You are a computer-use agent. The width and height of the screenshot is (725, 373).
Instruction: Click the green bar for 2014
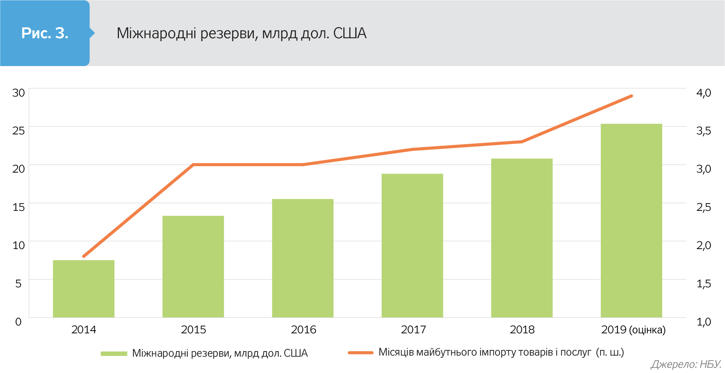coord(84,289)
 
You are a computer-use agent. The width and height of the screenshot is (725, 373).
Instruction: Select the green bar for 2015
coord(193,266)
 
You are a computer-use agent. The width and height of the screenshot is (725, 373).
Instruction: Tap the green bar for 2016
coord(303,258)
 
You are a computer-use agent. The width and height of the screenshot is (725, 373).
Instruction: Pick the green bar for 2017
coord(412,245)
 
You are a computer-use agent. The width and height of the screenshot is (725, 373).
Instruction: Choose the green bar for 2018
coord(522,238)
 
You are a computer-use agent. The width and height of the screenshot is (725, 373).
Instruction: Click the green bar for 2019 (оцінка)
coord(631,220)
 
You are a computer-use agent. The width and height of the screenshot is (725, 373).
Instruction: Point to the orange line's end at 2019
coord(631,96)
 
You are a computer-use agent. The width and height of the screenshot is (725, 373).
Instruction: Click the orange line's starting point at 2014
coord(84,256)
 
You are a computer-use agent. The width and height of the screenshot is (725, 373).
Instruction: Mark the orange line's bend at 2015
coord(193,164)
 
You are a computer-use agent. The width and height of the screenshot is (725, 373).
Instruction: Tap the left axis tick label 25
coord(19,131)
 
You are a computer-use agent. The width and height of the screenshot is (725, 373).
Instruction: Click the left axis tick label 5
coord(19,284)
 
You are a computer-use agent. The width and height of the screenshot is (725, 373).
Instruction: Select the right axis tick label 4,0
coord(703,92)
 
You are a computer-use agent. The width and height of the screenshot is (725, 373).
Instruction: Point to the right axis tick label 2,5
coord(703,207)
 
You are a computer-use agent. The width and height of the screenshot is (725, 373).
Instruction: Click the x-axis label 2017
coord(413,330)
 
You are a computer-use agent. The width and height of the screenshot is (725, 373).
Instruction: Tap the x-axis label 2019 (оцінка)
coord(633,330)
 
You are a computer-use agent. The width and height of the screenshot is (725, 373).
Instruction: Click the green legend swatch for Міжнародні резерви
coord(114,353)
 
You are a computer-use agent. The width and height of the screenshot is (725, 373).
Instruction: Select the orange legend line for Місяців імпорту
coord(360,353)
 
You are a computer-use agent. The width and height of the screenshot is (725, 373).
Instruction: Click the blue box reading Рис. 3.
coord(45,33)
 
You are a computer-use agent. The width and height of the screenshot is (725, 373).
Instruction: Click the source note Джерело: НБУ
coord(686,364)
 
